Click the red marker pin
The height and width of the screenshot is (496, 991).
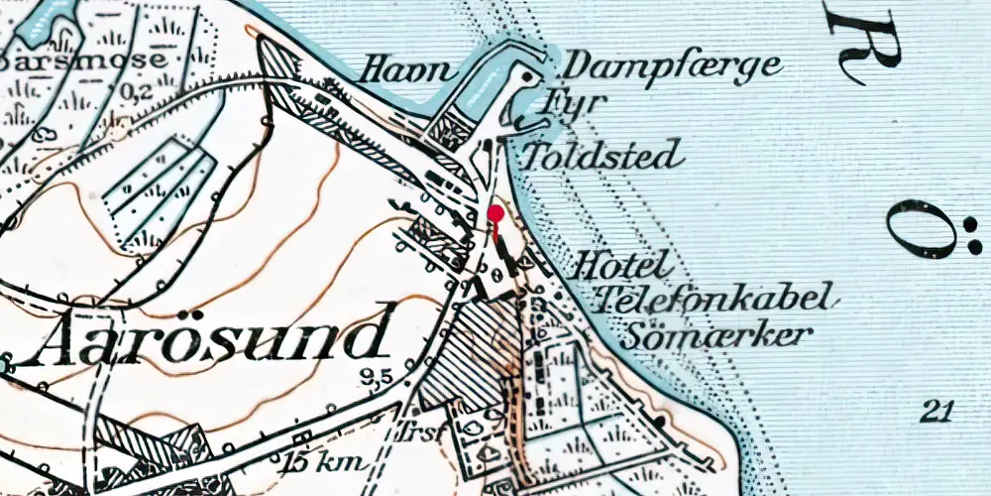(495, 213)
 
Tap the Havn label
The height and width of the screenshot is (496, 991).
(407, 70)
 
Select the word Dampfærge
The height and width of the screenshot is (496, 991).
(673, 67)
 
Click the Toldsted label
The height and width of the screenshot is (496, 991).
(603, 155)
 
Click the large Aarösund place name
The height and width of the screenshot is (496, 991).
(208, 337)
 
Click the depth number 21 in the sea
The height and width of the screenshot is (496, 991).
(935, 411)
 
